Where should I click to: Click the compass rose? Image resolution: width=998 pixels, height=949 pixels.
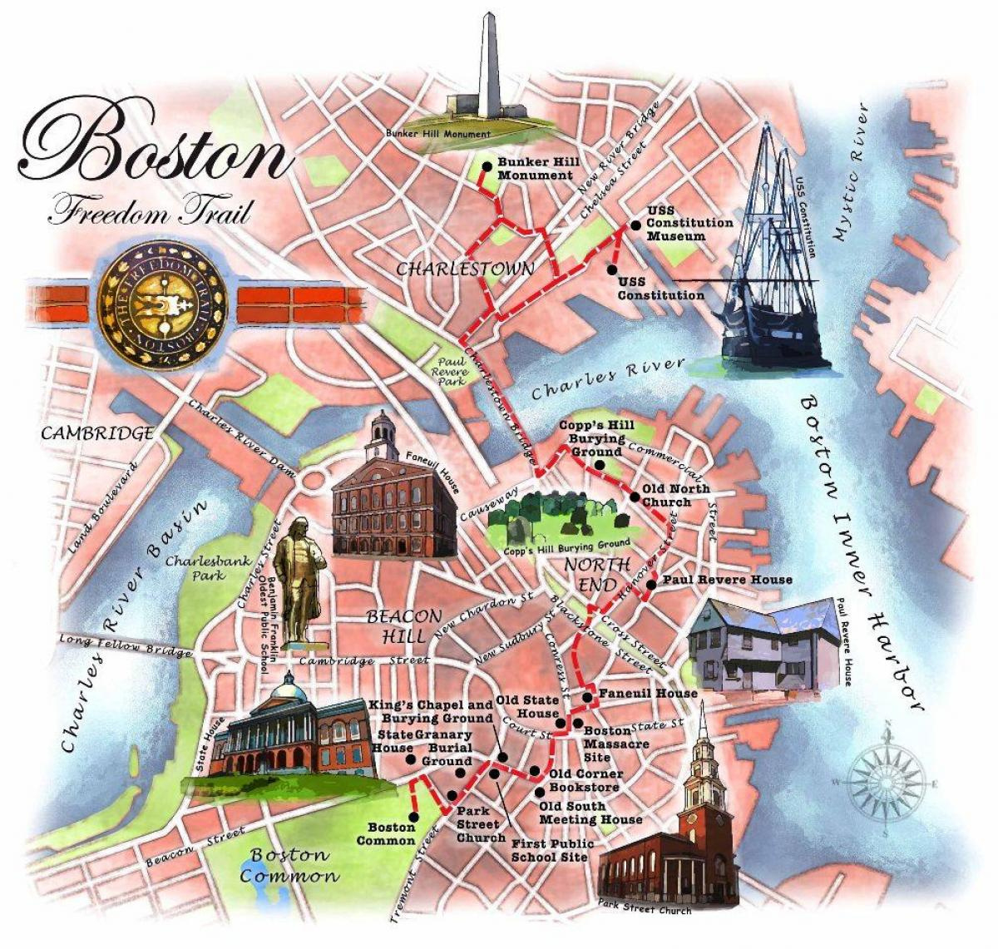[887, 783]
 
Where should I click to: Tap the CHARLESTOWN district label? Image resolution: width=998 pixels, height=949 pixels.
[465, 269]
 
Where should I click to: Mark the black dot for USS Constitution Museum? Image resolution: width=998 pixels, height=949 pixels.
[635, 224]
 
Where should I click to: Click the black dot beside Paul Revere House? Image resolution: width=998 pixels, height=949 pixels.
[651, 585]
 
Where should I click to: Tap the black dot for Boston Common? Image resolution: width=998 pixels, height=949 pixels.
[413, 817]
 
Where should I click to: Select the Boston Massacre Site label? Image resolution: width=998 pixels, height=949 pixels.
[615, 744]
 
